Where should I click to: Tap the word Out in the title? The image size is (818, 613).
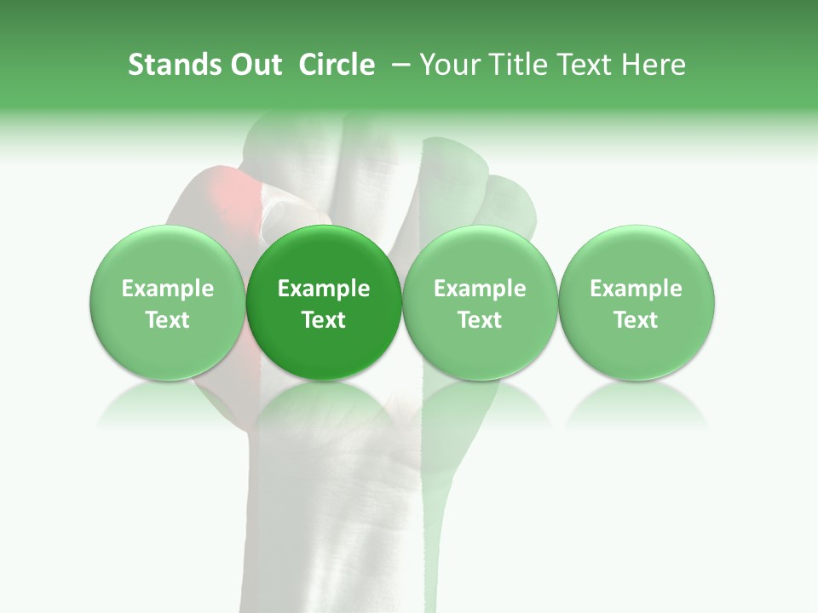coord(254,65)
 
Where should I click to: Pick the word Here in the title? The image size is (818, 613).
coord(653,65)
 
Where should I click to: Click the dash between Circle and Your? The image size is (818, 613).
coord(398,65)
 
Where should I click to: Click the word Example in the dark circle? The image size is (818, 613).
coord(324,289)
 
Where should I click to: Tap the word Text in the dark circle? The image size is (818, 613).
coord(324,320)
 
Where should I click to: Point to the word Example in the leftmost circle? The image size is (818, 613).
coord(168,289)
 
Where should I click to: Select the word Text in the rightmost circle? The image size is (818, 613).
coord(637,320)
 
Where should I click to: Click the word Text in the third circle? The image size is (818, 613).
coord(480,320)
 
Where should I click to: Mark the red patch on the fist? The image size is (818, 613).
coord(223,192)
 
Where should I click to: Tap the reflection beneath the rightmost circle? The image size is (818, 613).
coord(637,404)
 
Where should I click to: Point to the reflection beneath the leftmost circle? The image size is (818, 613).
coord(168,404)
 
